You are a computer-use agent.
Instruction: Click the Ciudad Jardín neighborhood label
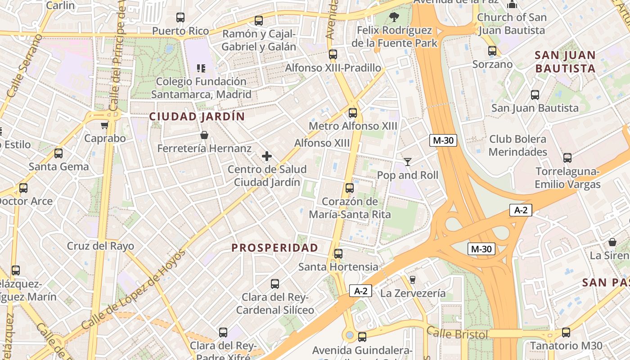point(197,117)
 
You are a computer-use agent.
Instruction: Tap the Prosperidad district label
point(274,247)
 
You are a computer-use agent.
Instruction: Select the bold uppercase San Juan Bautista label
point(565,62)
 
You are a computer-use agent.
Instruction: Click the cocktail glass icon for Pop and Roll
point(408,162)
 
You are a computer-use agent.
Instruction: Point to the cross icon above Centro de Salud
point(267,156)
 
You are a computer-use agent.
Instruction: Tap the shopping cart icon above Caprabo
point(105,125)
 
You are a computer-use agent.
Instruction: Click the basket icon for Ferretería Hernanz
point(204,135)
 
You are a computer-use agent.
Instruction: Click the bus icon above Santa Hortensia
point(338,254)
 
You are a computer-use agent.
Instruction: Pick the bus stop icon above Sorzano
point(492,51)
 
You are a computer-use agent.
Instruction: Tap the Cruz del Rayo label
point(100,246)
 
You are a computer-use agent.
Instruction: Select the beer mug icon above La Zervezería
point(412,280)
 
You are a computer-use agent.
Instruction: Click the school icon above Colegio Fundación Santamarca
point(201,68)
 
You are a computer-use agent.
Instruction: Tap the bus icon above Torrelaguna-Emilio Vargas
point(567,158)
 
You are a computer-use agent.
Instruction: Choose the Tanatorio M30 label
point(566,346)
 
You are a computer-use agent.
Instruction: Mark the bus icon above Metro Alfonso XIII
point(353,112)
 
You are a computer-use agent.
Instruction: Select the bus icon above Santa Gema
point(58,153)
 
